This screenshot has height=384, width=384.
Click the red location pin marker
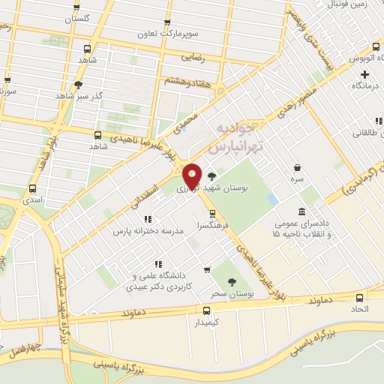[x=193, y=175]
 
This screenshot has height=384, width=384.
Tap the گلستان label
[x=76, y=16]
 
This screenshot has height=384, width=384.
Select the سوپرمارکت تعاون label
[x=166, y=34]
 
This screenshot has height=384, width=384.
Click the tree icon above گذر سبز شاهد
[x=79, y=85]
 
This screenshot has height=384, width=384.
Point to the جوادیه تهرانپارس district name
[x=233, y=137]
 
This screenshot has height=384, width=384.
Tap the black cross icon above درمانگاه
[x=365, y=74]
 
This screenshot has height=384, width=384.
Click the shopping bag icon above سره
[x=298, y=168]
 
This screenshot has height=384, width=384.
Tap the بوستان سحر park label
[x=232, y=293]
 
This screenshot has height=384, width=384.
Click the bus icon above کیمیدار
[x=207, y=310]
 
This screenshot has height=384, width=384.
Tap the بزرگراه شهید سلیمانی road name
[x=60, y=285]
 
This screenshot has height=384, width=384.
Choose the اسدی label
[x=31, y=201]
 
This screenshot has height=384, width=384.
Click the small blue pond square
[x=272, y=199]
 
